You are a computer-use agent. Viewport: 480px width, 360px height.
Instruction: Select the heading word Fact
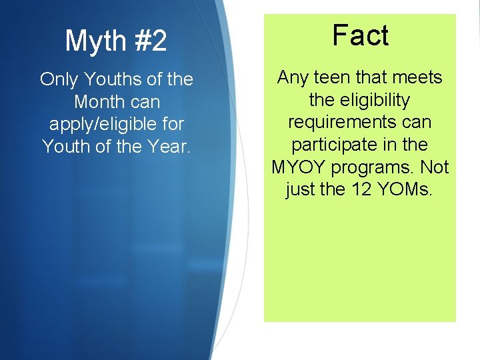point(360,35)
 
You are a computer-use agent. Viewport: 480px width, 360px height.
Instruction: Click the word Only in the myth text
point(58,79)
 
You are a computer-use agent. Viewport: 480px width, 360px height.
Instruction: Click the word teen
point(333,78)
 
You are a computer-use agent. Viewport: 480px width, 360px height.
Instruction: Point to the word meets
point(419,78)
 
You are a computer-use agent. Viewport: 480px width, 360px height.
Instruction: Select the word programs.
point(375,167)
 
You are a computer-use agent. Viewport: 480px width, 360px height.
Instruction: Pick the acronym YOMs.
point(405,189)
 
